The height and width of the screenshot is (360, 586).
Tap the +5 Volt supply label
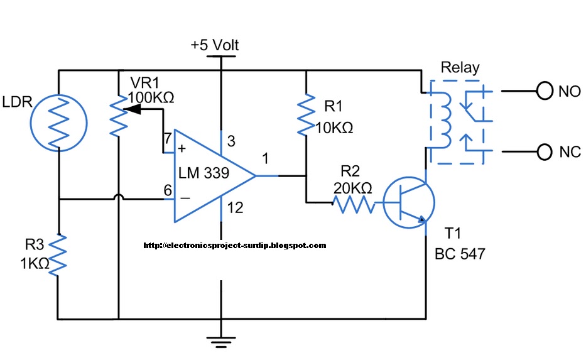(x=215, y=45)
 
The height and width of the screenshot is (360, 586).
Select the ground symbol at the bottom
(x=221, y=342)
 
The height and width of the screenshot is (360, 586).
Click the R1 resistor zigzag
(x=306, y=114)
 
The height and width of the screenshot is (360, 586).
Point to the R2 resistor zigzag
(x=354, y=204)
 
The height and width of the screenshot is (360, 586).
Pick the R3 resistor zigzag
(x=58, y=255)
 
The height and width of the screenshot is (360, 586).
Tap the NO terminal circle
(x=545, y=91)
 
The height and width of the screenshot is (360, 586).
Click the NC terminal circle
(x=545, y=152)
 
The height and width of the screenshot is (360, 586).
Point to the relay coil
(x=444, y=119)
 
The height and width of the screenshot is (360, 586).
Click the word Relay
(x=460, y=68)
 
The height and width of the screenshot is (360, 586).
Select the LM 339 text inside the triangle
(x=204, y=173)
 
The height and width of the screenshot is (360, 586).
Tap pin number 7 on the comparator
(x=168, y=139)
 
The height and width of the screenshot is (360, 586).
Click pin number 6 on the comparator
(x=168, y=190)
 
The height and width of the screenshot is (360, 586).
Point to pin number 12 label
(x=235, y=207)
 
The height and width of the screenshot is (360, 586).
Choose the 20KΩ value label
(x=353, y=188)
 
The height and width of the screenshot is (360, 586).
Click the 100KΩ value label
(x=151, y=97)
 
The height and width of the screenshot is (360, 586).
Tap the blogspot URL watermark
(x=235, y=246)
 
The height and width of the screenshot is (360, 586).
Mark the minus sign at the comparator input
(x=185, y=198)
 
